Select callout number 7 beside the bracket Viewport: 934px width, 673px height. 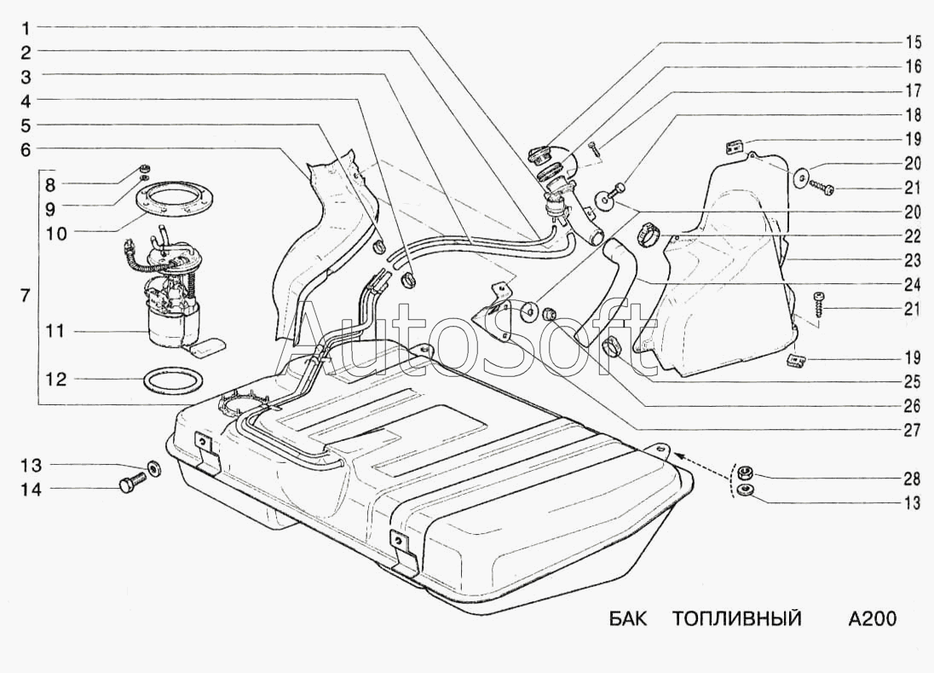[x=25, y=296]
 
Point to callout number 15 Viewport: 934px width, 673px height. [x=913, y=41]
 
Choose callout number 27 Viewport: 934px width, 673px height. [x=913, y=431]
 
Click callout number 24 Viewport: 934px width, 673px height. [x=913, y=284]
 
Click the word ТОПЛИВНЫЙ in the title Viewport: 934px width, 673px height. [x=736, y=618]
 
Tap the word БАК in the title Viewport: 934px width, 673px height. [x=628, y=618]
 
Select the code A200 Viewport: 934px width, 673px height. [x=872, y=618]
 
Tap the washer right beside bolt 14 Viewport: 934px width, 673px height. [x=154, y=469]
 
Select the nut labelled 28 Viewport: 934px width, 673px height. [x=743, y=472]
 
